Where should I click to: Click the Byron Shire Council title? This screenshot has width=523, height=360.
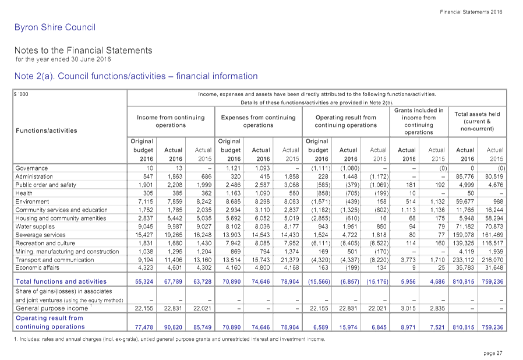(x=55, y=27)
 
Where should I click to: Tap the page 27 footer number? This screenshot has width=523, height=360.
(x=493, y=353)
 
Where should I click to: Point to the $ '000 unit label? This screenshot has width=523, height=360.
(x=22, y=94)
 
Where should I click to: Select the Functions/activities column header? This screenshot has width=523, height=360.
(x=47, y=130)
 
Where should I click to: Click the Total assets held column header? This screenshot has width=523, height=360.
(x=477, y=121)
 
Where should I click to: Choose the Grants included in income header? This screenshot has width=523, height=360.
(x=419, y=121)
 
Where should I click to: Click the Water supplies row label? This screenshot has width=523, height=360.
(x=35, y=227)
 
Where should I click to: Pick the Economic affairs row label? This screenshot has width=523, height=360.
(x=37, y=267)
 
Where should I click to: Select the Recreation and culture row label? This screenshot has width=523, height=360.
(x=45, y=243)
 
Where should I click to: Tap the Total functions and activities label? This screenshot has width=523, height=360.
(x=61, y=281)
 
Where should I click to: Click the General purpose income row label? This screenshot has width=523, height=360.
(x=52, y=308)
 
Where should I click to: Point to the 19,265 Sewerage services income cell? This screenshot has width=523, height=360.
(x=174, y=235)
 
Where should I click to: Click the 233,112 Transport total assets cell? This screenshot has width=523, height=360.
(x=465, y=260)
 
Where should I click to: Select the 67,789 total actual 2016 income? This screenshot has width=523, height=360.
(x=173, y=281)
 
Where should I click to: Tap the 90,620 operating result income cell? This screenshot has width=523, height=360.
(x=173, y=327)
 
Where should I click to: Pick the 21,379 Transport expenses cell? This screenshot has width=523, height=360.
(x=290, y=260)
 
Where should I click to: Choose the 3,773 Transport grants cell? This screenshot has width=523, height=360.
(x=408, y=260)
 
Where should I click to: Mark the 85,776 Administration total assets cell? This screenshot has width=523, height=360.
(x=465, y=177)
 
